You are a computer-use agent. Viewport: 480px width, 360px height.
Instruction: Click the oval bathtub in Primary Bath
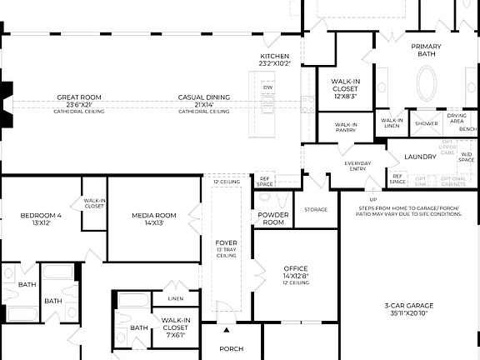tap(426, 84)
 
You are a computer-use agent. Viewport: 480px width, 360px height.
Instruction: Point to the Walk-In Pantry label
tap(346, 127)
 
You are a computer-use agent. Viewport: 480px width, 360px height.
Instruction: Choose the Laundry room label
tap(420, 157)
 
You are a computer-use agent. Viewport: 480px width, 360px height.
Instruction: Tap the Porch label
tap(232, 348)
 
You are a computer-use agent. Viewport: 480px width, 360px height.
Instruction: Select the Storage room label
tap(316, 209)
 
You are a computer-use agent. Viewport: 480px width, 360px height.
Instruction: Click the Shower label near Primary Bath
tap(427, 123)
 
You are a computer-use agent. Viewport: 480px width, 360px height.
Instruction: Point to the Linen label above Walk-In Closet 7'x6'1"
tap(175, 298)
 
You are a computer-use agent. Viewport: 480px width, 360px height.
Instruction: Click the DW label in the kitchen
tap(267, 87)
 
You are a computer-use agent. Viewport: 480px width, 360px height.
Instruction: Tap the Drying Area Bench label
tap(457, 122)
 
